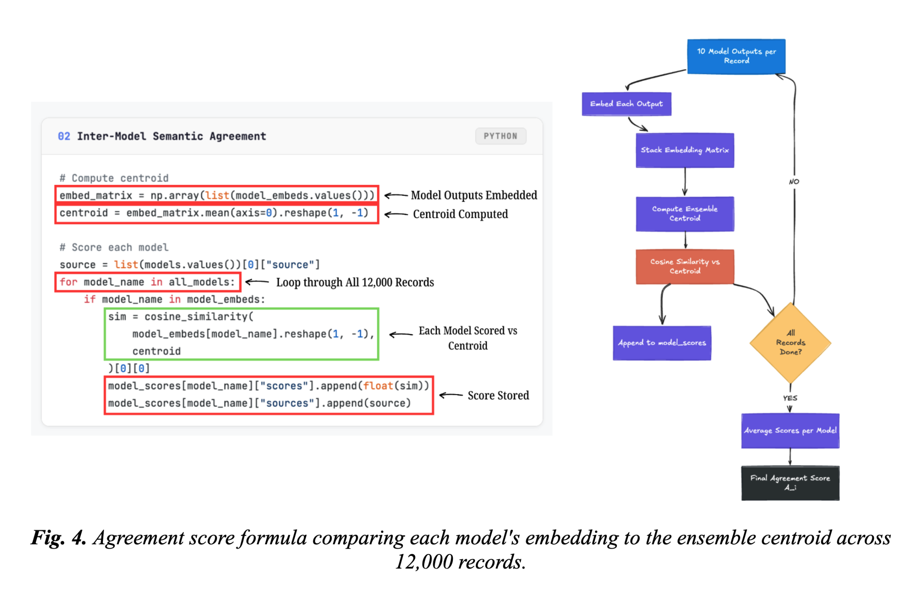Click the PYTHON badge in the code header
point(500,136)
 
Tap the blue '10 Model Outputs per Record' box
point(736,56)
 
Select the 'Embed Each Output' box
point(626,104)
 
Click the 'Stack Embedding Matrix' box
point(685,150)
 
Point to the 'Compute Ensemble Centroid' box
point(685,214)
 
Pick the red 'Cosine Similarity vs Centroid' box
point(685,267)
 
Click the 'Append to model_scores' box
point(662,343)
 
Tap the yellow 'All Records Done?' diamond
point(790,343)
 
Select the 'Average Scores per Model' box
point(790,431)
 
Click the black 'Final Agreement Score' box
point(790,483)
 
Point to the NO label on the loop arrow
point(794,181)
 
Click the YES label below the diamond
point(790,398)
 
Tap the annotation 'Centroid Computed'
point(460,214)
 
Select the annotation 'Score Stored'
point(498,395)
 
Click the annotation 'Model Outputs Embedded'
point(474,195)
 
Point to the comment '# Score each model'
point(114,247)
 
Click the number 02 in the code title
point(64,136)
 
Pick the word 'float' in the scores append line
point(378,386)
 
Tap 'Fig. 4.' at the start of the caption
point(58,538)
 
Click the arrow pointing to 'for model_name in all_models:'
point(257,282)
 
